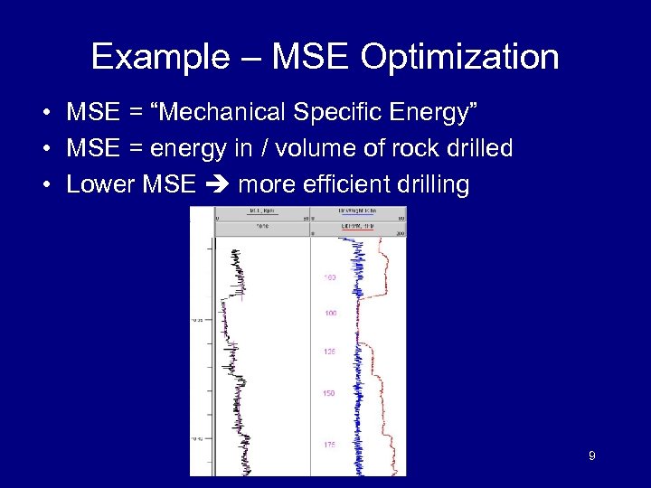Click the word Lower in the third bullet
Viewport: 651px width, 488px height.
[x=98, y=184]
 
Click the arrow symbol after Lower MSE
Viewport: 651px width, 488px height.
[x=215, y=185]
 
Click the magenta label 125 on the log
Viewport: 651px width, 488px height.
[x=329, y=352]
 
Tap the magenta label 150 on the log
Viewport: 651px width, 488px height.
[x=329, y=393]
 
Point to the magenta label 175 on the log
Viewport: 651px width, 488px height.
[x=329, y=445]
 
